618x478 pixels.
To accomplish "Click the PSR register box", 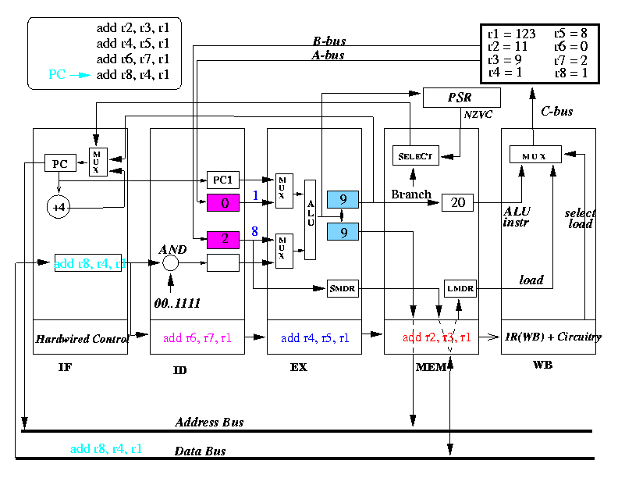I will (x=460, y=98).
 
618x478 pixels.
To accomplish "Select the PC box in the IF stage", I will (x=59, y=163).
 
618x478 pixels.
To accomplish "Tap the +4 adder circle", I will (x=59, y=207).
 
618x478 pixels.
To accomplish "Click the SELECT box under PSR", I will (x=415, y=155).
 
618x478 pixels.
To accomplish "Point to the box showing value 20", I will (x=458, y=203).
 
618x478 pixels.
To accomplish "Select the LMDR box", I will (x=460, y=289).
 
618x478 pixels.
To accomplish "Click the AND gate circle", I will (x=171, y=264).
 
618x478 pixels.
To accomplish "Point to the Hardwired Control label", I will (x=81, y=339).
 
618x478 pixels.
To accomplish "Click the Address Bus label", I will (x=209, y=423).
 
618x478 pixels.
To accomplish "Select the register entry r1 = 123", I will (x=510, y=34).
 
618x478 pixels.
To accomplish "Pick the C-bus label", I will (x=556, y=112).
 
